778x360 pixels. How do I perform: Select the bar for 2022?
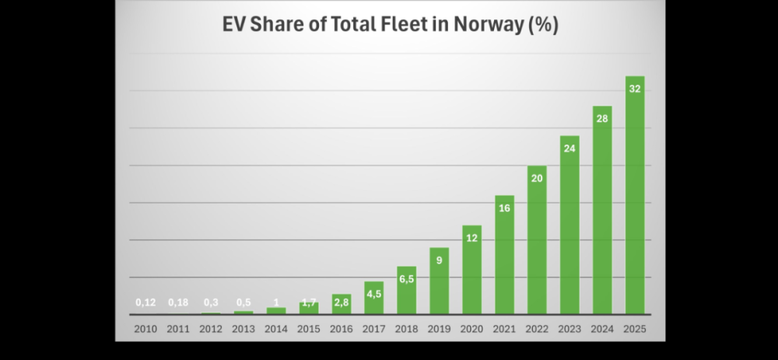coord(537,241)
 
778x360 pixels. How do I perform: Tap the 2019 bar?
coord(439,281)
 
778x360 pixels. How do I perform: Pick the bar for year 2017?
coord(373,299)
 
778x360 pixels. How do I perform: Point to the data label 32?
coord(635,89)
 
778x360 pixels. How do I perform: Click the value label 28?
coord(602,119)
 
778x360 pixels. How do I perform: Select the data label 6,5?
coord(406,279)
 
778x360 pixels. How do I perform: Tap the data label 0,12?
coord(145,302)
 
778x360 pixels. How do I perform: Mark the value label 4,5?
coord(373,294)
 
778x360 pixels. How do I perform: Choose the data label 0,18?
coord(178,302)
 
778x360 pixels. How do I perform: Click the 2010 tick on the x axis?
coord(145,329)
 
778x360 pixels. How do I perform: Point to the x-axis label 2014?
coord(276,329)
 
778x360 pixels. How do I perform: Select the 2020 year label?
coord(471,329)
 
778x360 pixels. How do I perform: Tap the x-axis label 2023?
coord(569,329)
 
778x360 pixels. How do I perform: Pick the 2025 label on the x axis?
coord(635,329)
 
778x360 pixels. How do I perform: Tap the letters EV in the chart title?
coord(233,26)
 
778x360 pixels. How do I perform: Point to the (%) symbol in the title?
coord(542,26)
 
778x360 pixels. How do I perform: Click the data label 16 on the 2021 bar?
coord(504,208)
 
